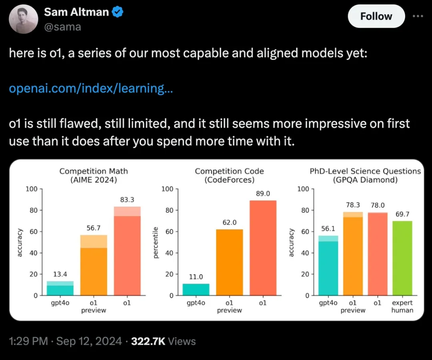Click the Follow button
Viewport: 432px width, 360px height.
coord(376,16)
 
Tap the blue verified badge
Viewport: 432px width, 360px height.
coord(117,12)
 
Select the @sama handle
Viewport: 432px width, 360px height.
coord(62,27)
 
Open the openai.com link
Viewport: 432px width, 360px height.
coord(91,88)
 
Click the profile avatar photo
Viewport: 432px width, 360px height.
coord(23,19)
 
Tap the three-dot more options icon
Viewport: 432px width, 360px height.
coord(417,16)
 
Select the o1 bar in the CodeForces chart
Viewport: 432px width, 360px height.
coord(263,248)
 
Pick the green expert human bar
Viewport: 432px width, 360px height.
coord(402,258)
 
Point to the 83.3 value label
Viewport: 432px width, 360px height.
coord(127,199)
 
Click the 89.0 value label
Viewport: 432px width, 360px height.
coord(263,194)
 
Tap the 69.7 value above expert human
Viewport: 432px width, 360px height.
coord(402,214)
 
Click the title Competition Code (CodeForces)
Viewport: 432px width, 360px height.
coord(229,175)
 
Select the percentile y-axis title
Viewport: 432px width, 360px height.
coord(156,242)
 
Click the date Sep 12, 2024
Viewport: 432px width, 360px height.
coord(89,341)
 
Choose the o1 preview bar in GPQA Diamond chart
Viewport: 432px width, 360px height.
coord(352,256)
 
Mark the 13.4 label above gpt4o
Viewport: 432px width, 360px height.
coord(60,274)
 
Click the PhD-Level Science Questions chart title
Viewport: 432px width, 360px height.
coord(365,175)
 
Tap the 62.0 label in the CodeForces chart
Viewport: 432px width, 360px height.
coord(229,222)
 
